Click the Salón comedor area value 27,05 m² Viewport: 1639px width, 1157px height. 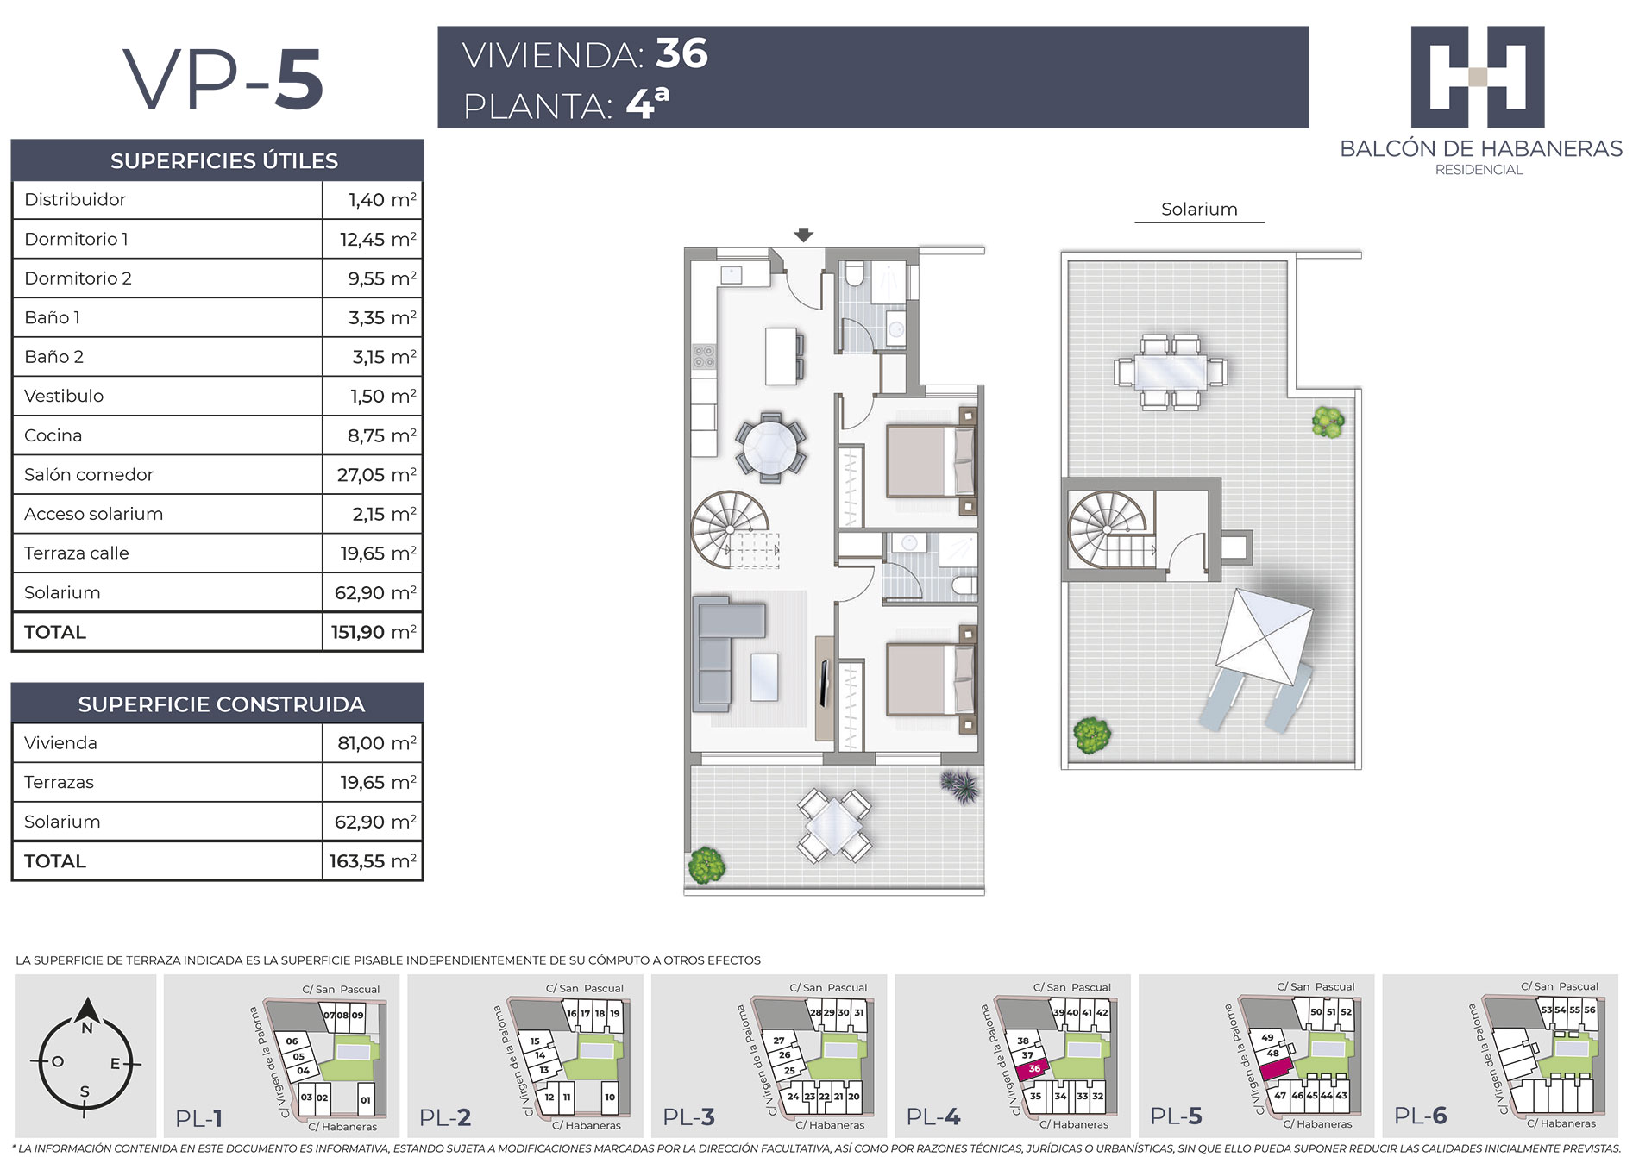coord(376,475)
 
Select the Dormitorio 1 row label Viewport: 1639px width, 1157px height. coord(76,239)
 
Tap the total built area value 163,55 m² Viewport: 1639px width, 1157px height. coord(373,861)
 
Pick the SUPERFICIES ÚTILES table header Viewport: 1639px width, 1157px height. coord(223,161)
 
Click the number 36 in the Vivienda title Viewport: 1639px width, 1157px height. coord(681,53)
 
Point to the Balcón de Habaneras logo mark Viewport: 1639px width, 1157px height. coord(1478,78)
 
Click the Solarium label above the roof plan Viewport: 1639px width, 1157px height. coord(1199,210)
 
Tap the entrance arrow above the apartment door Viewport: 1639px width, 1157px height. coord(803,235)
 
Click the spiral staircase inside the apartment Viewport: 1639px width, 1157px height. coord(730,528)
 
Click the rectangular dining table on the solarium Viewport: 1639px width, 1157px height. coord(1171,372)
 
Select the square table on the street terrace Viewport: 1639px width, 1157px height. coord(834,826)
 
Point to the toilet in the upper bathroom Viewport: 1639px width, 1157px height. coord(854,274)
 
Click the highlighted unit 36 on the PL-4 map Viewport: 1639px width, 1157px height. coord(1032,1069)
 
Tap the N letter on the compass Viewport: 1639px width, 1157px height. coord(86,1029)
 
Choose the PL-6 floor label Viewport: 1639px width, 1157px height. coord(1421,1116)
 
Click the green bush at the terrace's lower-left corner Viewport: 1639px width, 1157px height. coord(706,866)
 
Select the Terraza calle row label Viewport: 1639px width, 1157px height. coord(77,553)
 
